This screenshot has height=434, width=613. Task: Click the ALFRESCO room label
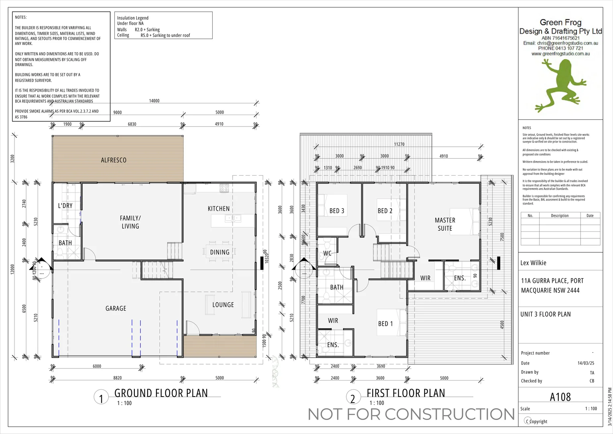pos(114,160)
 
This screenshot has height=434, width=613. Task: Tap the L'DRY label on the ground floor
pos(65,206)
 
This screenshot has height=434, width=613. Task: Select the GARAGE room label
pos(116,308)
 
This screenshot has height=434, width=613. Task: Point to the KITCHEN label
pos(219,209)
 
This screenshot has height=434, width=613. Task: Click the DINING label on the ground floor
pos(220,252)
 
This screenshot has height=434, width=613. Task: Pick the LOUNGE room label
pos(223,305)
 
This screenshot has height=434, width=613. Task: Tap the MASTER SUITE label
pos(445,224)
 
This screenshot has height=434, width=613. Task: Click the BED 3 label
pos(337,211)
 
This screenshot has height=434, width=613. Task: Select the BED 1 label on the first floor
pos(386,323)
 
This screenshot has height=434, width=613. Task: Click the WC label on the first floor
pos(327,254)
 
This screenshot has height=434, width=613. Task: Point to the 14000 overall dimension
pos(154,101)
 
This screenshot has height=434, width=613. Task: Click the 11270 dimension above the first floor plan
pos(399,144)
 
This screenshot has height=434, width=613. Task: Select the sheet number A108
pos(560,397)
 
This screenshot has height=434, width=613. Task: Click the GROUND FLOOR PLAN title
pos(161,393)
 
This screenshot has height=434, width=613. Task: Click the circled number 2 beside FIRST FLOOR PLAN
pos(353,398)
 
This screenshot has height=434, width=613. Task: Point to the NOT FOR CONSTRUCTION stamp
pos(411,414)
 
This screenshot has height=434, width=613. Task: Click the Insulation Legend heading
pos(133,18)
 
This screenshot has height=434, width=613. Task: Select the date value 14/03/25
pos(586,363)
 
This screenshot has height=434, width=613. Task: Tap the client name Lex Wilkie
pos(533,263)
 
